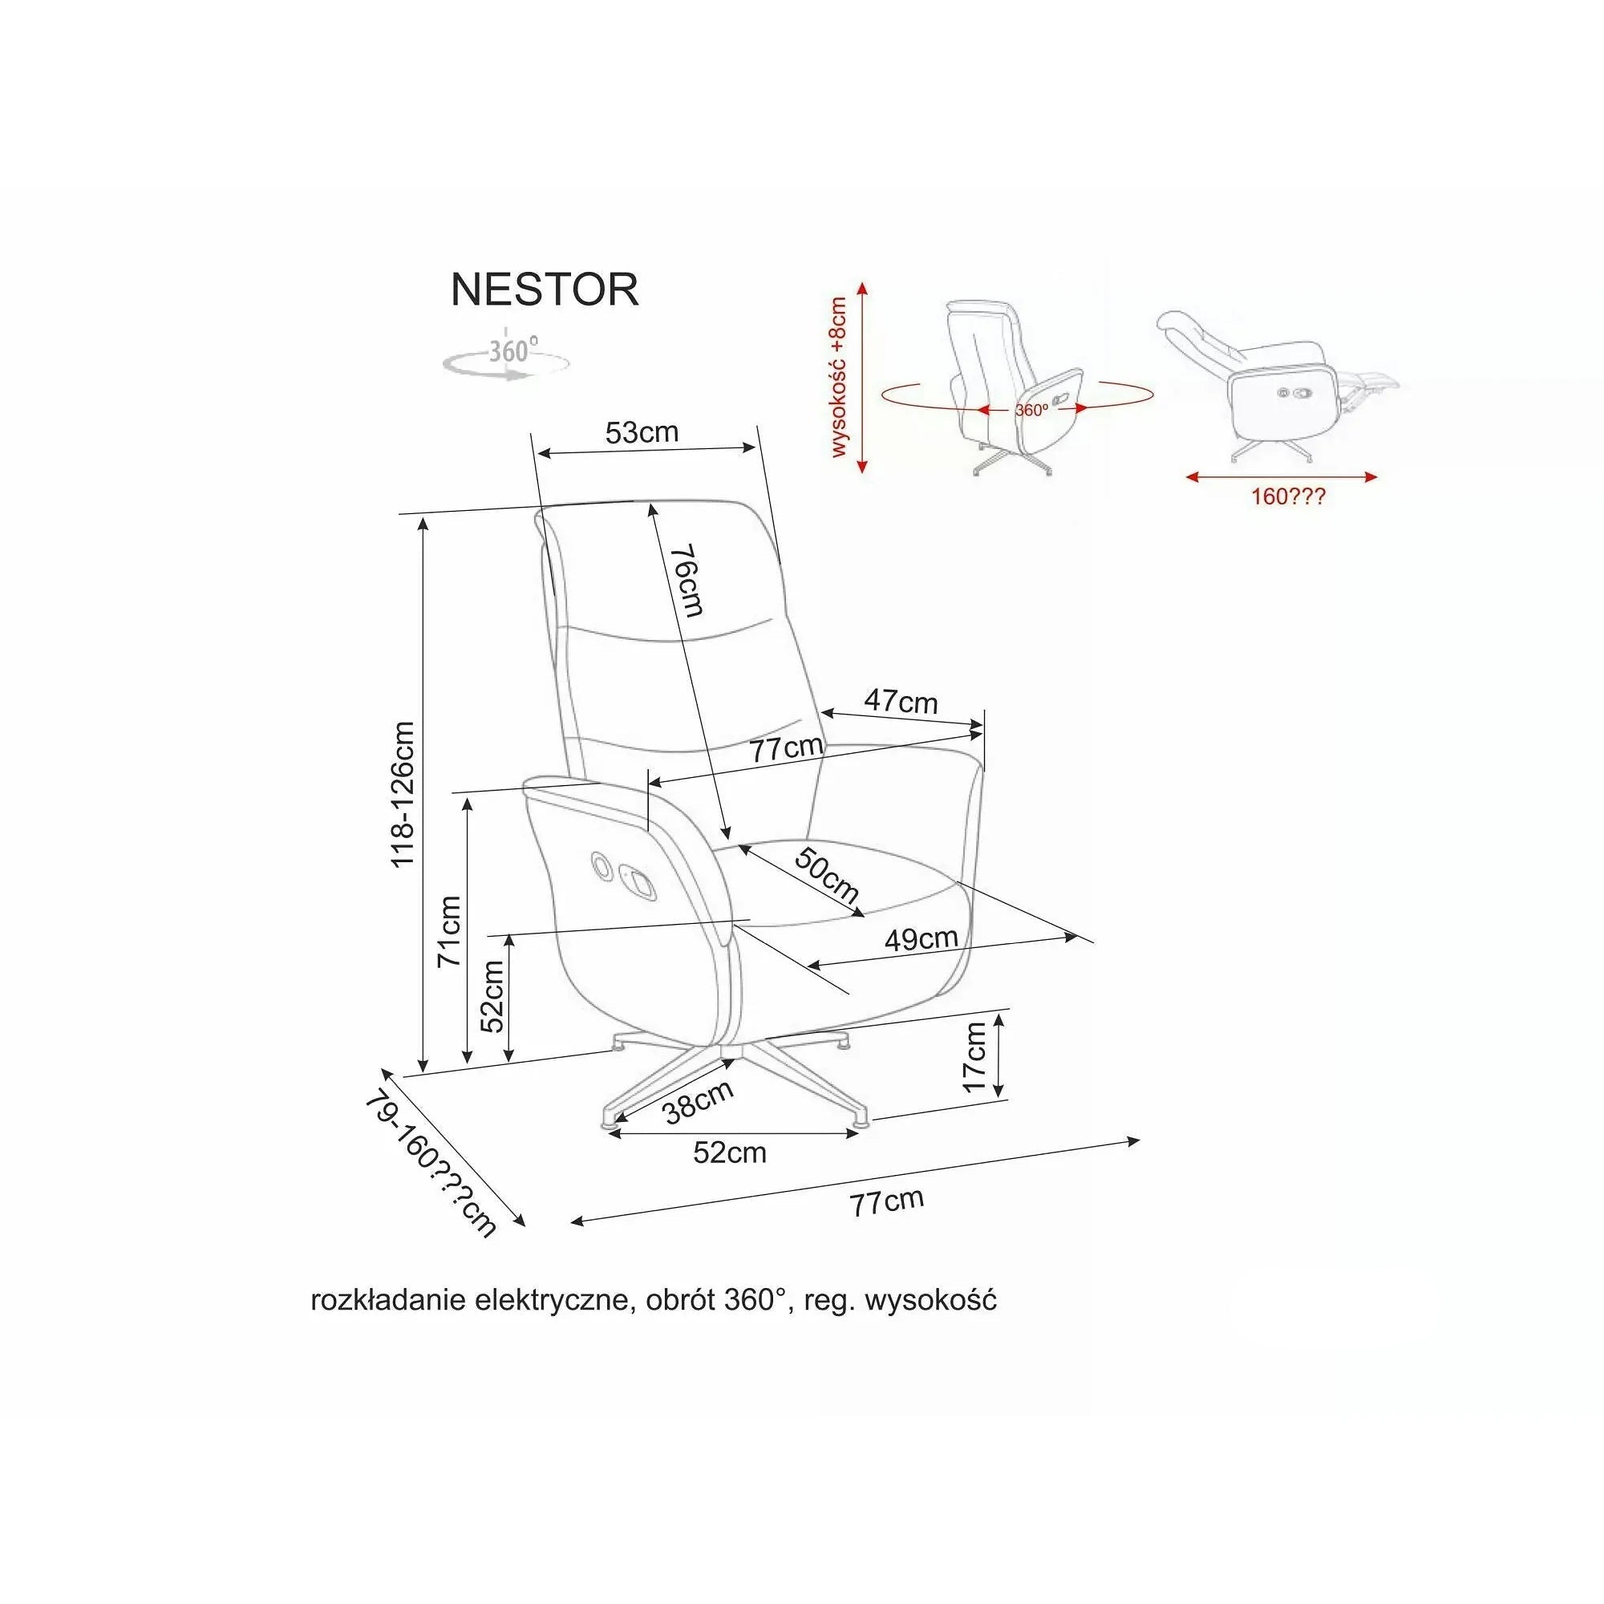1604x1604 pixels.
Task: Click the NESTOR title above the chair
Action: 545,289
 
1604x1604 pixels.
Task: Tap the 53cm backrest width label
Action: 642,432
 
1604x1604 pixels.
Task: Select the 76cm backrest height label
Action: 687,580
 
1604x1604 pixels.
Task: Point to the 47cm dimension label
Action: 901,702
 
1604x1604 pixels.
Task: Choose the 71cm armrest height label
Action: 449,930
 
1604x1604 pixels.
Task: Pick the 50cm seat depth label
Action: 826,875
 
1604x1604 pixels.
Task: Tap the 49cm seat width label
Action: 921,939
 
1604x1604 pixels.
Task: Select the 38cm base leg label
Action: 699,1101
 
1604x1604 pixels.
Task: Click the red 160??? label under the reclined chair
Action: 1288,497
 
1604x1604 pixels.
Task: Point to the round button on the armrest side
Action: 599,866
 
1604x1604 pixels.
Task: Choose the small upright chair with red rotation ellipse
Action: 1016,387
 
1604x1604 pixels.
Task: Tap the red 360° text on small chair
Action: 1031,409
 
